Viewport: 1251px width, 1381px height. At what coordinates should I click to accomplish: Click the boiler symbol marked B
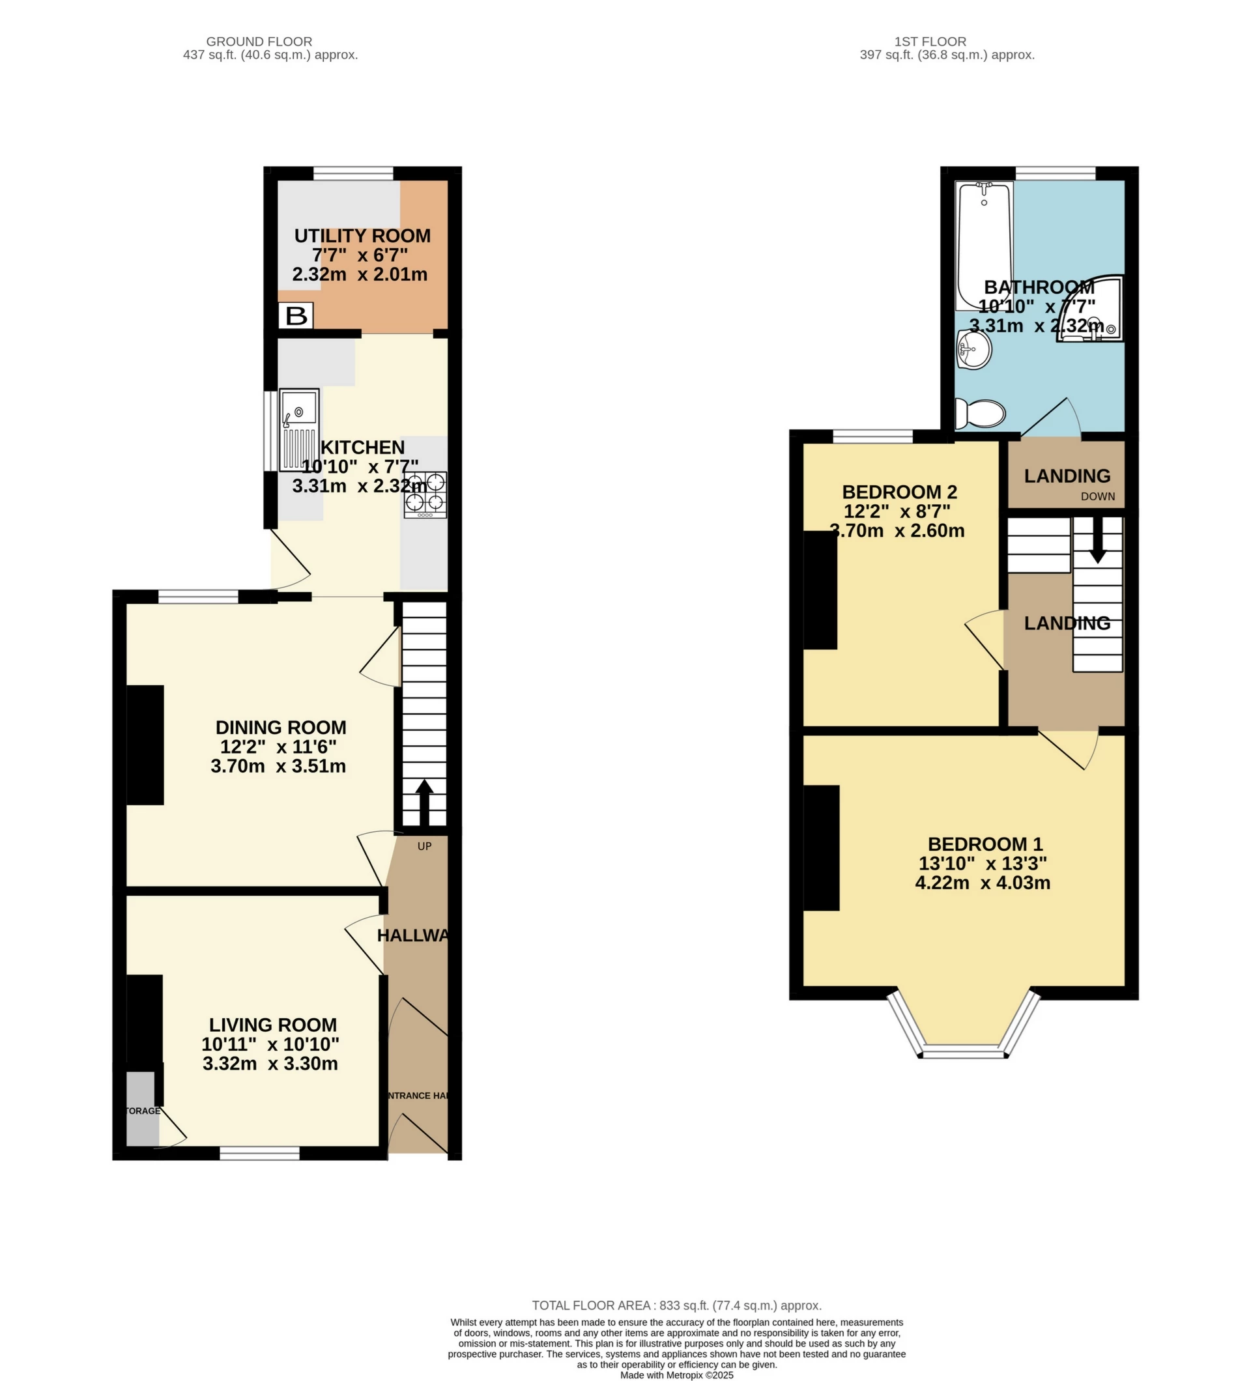296,316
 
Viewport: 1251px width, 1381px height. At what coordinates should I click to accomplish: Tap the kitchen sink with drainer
298,429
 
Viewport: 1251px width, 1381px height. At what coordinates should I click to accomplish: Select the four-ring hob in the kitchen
425,494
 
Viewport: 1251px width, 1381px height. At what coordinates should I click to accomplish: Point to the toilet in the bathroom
981,413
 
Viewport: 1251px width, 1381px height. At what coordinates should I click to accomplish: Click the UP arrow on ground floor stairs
424,801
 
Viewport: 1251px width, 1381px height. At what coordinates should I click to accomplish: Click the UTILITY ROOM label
362,236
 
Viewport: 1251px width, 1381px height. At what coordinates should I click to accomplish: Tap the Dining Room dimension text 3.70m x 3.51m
278,766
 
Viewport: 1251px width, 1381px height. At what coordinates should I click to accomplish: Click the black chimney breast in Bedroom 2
820,590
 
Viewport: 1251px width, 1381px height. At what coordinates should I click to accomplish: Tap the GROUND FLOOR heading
259,42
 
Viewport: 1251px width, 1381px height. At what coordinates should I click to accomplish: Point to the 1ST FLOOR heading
930,42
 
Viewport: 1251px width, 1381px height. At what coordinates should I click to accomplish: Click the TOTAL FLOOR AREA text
676,1305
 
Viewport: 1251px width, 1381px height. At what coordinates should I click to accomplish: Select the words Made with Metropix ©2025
676,1375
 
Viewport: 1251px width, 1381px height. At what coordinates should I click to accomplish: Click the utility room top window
354,173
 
